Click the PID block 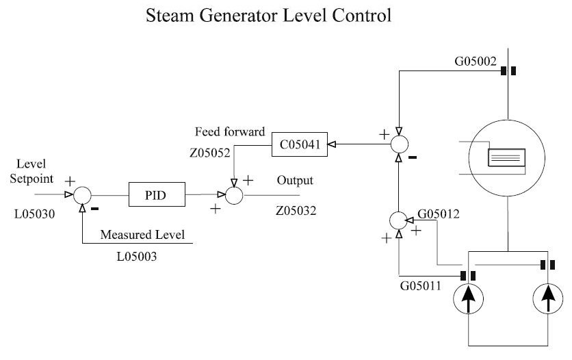(156, 196)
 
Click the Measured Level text (142, 235)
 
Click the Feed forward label (229, 132)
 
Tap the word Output (295, 181)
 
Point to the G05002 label (477, 60)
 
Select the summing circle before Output (235, 196)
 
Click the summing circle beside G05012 (398, 220)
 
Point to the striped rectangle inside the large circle (506, 158)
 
